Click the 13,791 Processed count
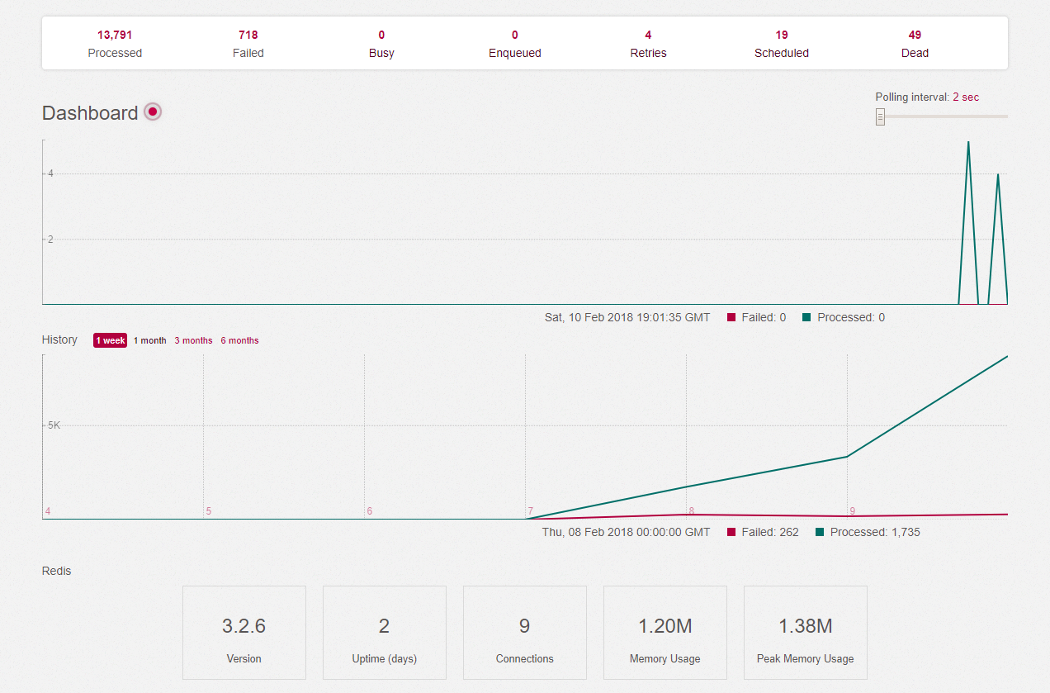[x=115, y=35]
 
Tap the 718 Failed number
[x=248, y=35]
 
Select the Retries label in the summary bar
[x=648, y=53]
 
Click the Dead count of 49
[x=915, y=35]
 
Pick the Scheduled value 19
[x=782, y=35]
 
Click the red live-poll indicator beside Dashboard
[x=153, y=112]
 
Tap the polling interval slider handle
[x=880, y=116]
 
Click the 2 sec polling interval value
[x=966, y=97]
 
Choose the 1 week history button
[x=110, y=340]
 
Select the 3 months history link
[x=193, y=340]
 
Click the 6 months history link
[x=239, y=340]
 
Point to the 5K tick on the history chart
[x=54, y=425]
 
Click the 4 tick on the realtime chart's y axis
[x=50, y=173]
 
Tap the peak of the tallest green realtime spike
[x=968, y=142]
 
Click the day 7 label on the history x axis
[x=530, y=511]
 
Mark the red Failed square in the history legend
[x=731, y=532]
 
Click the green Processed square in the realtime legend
[x=806, y=317]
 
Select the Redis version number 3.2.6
[x=244, y=626]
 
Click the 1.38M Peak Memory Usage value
[x=806, y=626]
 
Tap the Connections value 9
[x=524, y=626]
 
